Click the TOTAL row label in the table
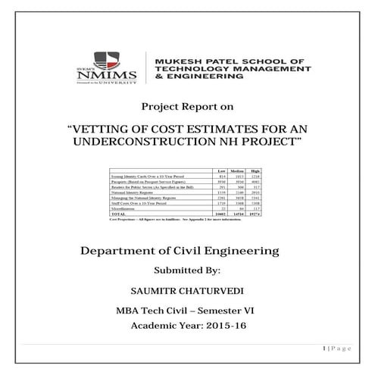(120, 214)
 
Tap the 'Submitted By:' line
(186, 270)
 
